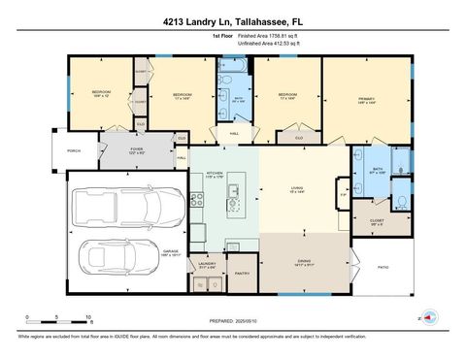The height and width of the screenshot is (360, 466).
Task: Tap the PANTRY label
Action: click(x=243, y=274)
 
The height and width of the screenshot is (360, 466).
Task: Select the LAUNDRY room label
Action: click(x=206, y=263)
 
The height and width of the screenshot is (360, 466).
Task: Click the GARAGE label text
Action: click(x=171, y=250)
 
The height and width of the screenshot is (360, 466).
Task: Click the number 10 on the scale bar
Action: click(x=88, y=318)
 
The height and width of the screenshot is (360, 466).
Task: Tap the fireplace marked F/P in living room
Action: click(x=344, y=197)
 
